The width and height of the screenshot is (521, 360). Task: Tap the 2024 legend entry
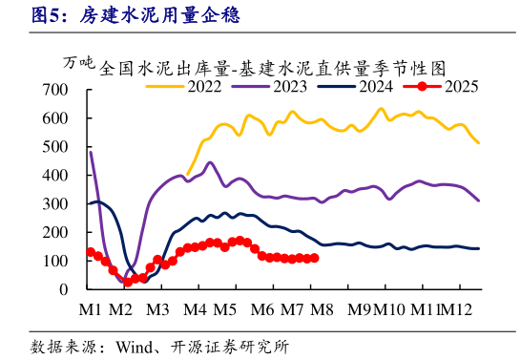click(x=364, y=86)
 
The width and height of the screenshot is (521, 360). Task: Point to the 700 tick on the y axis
click(x=55, y=90)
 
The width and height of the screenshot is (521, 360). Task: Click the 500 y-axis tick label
click(x=55, y=147)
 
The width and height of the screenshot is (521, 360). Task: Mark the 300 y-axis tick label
click(x=55, y=204)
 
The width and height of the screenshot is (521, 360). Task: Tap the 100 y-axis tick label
click(x=55, y=261)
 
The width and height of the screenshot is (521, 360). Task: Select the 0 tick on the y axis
click(x=63, y=289)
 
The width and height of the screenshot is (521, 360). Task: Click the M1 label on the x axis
click(x=90, y=309)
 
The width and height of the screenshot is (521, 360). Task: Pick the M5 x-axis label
click(x=224, y=309)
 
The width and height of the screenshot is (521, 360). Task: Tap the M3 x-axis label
click(x=157, y=309)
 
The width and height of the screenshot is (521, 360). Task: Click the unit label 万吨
click(x=78, y=65)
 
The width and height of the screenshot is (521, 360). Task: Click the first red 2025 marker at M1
click(x=91, y=252)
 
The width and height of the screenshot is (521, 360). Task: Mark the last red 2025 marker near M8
click(x=315, y=258)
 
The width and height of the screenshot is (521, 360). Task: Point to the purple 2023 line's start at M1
click(x=91, y=153)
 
